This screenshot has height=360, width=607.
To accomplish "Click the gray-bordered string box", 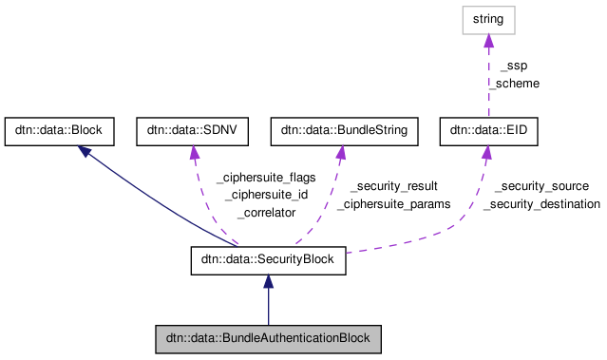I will [x=488, y=20].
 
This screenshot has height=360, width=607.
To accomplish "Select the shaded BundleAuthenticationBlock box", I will [x=268, y=339].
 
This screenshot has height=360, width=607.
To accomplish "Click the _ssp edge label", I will [x=513, y=66].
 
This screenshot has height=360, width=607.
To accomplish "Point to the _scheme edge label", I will [x=513, y=84].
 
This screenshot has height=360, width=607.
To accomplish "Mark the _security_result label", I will [x=393, y=186].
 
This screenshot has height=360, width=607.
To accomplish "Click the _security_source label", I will [x=541, y=186].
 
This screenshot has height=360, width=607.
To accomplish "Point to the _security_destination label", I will [x=541, y=204].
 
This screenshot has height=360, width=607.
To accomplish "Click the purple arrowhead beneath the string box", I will [x=488, y=41].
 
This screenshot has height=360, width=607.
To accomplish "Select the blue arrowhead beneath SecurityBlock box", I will [x=268, y=283].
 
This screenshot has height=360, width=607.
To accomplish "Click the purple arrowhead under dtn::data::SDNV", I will [x=195, y=153].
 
